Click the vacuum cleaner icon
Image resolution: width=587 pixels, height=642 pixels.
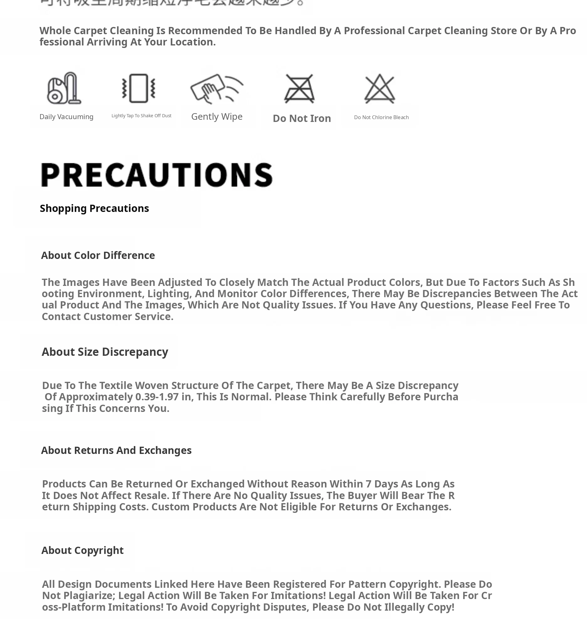pyautogui.click(x=64, y=88)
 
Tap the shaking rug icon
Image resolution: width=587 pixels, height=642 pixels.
pyautogui.click(x=139, y=88)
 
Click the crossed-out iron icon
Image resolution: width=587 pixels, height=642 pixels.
pyautogui.click(x=299, y=88)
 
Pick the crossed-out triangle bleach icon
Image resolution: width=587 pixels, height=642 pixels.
pyautogui.click(x=380, y=88)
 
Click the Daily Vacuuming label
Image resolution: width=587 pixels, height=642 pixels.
pyautogui.click(x=66, y=117)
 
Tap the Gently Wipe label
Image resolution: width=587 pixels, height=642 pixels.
pyautogui.click(x=217, y=116)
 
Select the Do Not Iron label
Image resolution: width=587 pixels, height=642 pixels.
pyautogui.click(x=302, y=118)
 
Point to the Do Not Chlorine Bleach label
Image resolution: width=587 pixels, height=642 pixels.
pyautogui.click(x=381, y=117)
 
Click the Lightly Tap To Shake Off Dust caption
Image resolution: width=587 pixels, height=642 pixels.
pyautogui.click(x=141, y=116)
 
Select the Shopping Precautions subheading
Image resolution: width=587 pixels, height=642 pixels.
pyautogui.click(x=94, y=208)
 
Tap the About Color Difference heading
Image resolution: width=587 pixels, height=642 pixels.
pyautogui.click(x=98, y=255)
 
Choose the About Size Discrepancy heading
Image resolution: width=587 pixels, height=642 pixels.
pyautogui.click(x=105, y=352)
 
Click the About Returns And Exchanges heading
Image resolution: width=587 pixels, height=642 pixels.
pyautogui.click(x=116, y=450)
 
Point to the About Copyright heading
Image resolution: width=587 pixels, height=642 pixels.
pyautogui.click(x=82, y=550)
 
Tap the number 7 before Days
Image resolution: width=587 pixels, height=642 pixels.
pyautogui.click(x=368, y=484)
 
